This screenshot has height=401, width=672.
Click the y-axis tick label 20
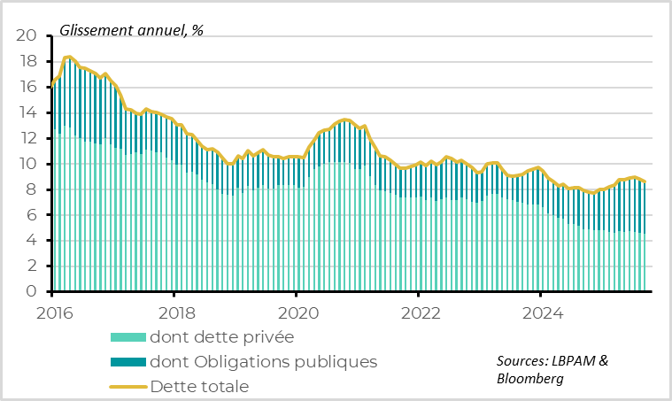27,36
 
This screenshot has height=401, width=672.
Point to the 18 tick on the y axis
27,62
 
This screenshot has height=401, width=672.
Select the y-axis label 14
27,113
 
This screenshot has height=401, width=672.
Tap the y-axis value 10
27,165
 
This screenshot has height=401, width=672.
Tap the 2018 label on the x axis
174,312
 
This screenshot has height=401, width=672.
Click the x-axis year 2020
296,312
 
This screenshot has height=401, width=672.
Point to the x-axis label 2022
418,312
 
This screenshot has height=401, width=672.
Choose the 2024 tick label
540,312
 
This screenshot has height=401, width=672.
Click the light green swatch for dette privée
127,337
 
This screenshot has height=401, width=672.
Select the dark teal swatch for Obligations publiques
127,362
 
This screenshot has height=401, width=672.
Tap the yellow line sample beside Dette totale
127,387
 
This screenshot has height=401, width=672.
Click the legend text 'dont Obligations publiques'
264,362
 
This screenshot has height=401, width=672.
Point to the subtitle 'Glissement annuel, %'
131,29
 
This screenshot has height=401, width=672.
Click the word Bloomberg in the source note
529,379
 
